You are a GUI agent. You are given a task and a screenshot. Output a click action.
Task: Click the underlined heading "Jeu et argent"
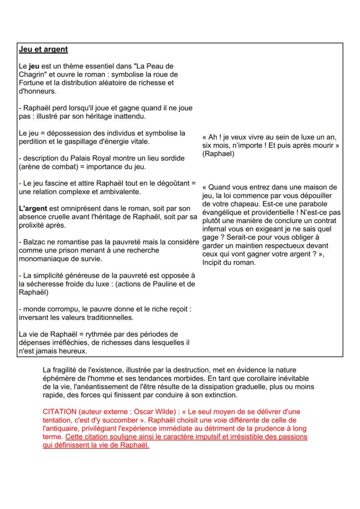coord(43,49)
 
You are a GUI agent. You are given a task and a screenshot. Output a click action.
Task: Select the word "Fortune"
coord(32,83)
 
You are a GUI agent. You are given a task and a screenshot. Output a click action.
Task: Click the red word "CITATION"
coord(61,411)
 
